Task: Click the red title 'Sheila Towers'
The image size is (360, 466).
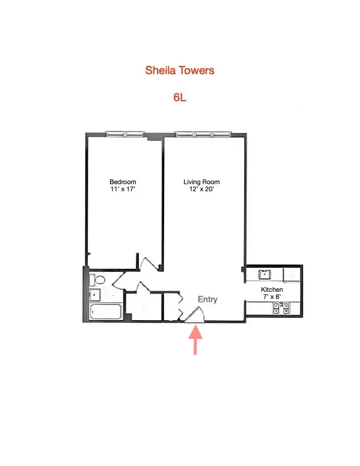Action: [x=180, y=71]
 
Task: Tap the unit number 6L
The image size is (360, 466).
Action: [x=180, y=98]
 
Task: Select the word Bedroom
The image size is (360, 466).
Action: [x=123, y=182]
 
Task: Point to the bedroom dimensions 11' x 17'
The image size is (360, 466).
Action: [x=123, y=189]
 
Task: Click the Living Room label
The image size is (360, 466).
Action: [x=201, y=182]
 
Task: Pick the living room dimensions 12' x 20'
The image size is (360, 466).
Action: [x=201, y=189]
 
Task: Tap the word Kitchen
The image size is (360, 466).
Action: [x=272, y=290]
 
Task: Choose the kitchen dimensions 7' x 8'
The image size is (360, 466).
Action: [x=272, y=298]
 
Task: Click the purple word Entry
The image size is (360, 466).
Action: [x=207, y=299]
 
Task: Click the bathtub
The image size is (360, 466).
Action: [x=106, y=312]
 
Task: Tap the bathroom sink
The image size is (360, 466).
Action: [x=94, y=295]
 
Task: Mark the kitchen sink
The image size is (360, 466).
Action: [x=265, y=274]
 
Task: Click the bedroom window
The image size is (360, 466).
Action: [x=125, y=134]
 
